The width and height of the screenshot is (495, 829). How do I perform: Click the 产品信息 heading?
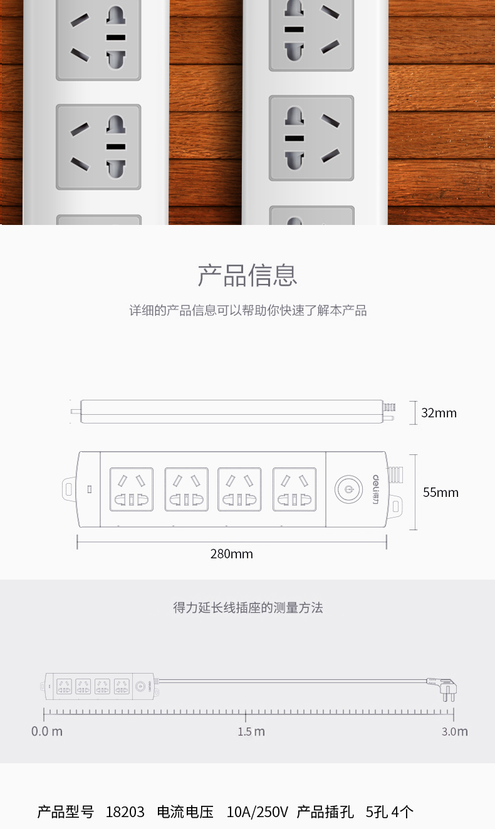click(247, 275)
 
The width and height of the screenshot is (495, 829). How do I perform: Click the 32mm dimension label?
click(439, 413)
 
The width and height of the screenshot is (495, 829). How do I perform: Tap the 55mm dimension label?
click(440, 493)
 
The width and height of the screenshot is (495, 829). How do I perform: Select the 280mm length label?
click(232, 554)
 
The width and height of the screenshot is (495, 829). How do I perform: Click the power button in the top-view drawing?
click(348, 489)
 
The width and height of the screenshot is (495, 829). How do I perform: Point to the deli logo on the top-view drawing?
click(376, 489)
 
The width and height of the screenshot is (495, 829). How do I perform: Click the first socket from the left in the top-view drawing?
click(132, 489)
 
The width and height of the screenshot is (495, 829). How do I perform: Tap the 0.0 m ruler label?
click(46, 731)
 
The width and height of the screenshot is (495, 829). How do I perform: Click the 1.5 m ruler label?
click(251, 731)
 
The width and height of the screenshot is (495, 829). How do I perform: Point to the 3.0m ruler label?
click(455, 731)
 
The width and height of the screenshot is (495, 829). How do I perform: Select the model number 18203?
click(125, 812)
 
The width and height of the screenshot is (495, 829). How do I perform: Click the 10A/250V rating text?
click(257, 812)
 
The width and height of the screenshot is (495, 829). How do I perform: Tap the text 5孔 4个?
click(390, 812)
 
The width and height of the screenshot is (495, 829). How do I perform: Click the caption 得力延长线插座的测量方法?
click(248, 608)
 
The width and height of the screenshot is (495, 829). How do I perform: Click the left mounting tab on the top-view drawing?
click(68, 489)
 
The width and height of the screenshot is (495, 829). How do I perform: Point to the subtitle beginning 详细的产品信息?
click(248, 310)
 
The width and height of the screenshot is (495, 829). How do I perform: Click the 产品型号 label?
click(66, 812)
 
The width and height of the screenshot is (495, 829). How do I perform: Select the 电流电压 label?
click(185, 812)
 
